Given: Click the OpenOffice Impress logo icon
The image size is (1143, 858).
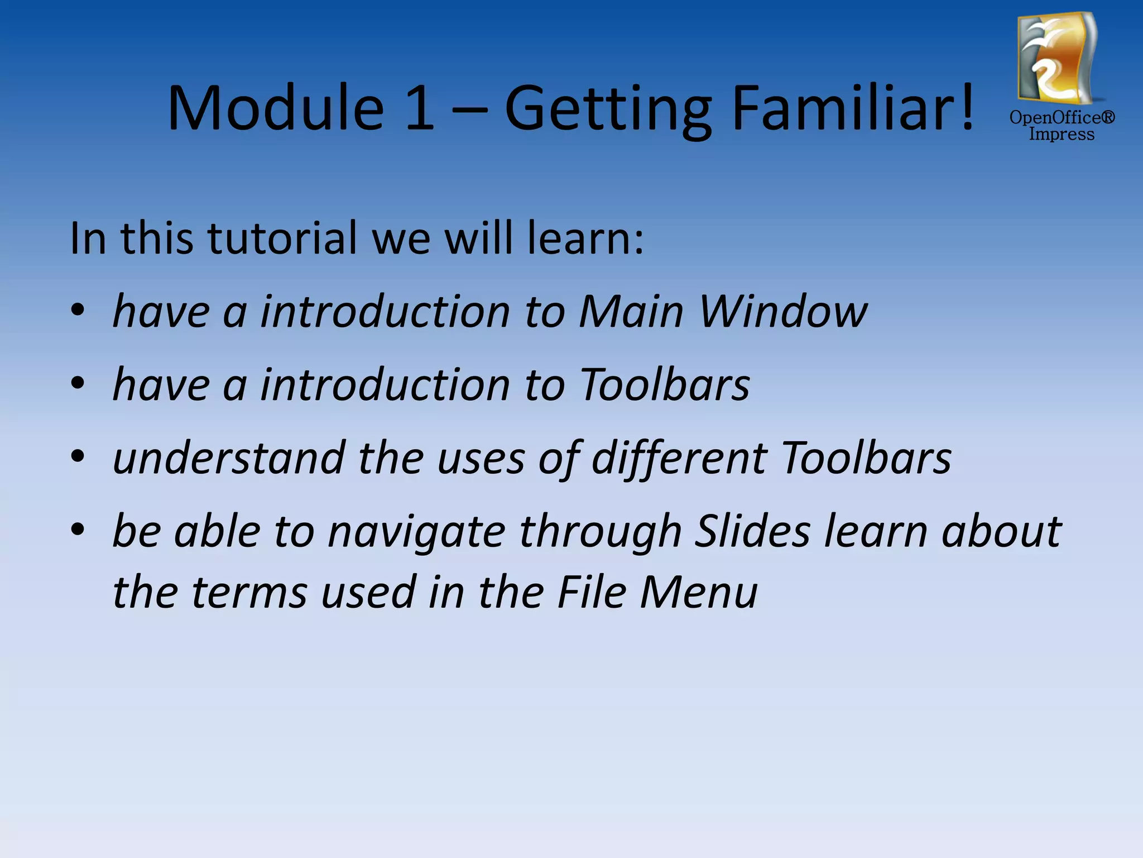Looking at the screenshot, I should pos(1056,59).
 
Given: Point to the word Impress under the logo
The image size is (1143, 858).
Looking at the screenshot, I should pos(1062,135).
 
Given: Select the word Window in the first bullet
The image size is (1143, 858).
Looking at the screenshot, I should pos(783,311).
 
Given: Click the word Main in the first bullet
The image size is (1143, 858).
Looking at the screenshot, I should pos(631,311).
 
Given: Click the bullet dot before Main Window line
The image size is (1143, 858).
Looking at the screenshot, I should pos(78,310).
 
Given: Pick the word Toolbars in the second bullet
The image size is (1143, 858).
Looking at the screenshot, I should pos(664,385).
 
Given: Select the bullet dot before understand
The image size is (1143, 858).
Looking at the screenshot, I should pos(78,456).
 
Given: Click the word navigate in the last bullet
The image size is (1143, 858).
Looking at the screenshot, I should pos(416,532).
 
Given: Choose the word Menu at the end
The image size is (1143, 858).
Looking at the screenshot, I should pos(699,592).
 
